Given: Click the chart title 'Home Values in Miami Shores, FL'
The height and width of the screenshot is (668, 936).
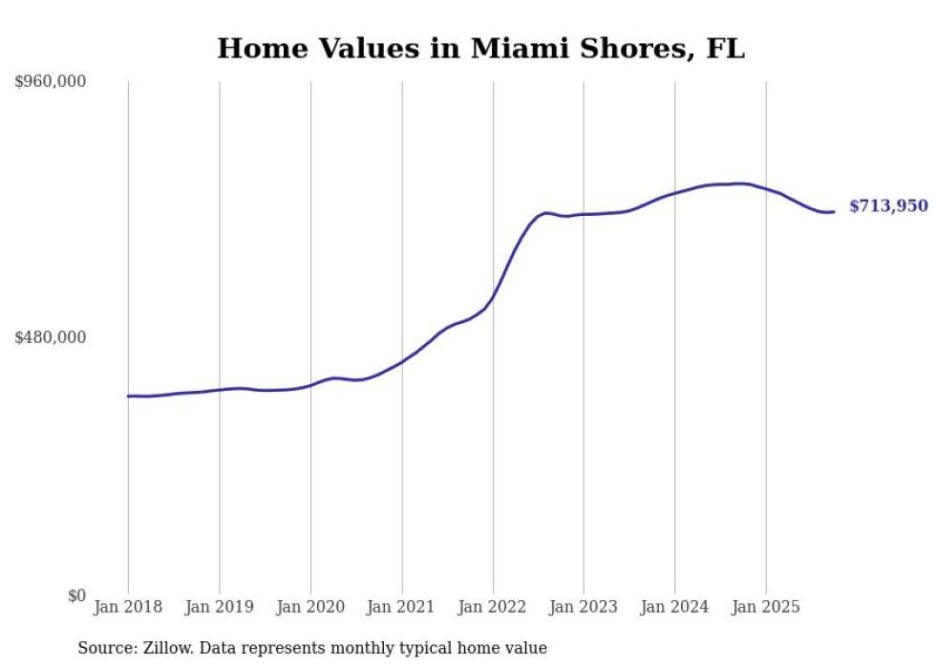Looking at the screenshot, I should pos(480,49).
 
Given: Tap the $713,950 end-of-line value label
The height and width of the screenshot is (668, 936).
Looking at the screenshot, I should pos(887,205).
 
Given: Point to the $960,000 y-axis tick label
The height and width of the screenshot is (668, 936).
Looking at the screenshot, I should pos(51,82).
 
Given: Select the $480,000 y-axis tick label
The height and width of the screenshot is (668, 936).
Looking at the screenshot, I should pos(51,337).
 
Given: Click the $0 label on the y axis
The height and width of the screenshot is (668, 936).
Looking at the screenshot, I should pos(76,595).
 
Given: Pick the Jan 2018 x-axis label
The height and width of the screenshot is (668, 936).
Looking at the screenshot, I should pos(128,607).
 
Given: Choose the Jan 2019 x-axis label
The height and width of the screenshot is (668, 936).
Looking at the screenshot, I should pos(220,607).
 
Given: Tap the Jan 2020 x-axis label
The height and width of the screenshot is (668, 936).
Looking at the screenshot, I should pos(310,607).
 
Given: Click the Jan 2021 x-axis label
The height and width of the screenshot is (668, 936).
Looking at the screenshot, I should pos(401,607).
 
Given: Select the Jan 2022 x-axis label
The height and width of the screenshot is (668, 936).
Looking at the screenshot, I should pos(493,607).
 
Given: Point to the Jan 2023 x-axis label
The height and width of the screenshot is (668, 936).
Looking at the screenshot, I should pos(584,607).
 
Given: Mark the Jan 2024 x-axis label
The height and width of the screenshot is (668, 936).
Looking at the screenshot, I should pos(674,607).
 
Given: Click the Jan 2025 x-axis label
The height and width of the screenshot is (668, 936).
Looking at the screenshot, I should pos(766,607).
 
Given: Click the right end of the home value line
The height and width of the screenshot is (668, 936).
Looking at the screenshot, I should pos(834,211).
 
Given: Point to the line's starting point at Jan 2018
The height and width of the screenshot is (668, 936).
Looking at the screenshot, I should pos(128,396).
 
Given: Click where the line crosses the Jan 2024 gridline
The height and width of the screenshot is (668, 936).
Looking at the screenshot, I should pos(674,193).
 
